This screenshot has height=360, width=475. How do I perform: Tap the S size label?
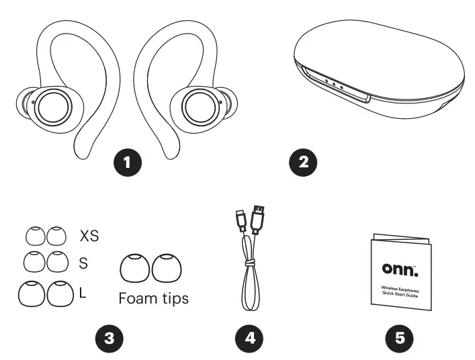[83, 263]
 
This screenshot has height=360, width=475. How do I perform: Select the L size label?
[83, 293]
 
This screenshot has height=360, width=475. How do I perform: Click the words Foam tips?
[153, 299]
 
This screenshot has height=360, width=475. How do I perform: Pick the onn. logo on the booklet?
[399, 268]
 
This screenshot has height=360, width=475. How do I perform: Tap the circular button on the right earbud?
[200, 105]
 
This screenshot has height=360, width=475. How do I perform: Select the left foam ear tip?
[135, 269]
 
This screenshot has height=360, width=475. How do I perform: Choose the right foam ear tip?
[165, 269]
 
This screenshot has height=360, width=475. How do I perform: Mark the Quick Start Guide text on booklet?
[399, 291]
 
